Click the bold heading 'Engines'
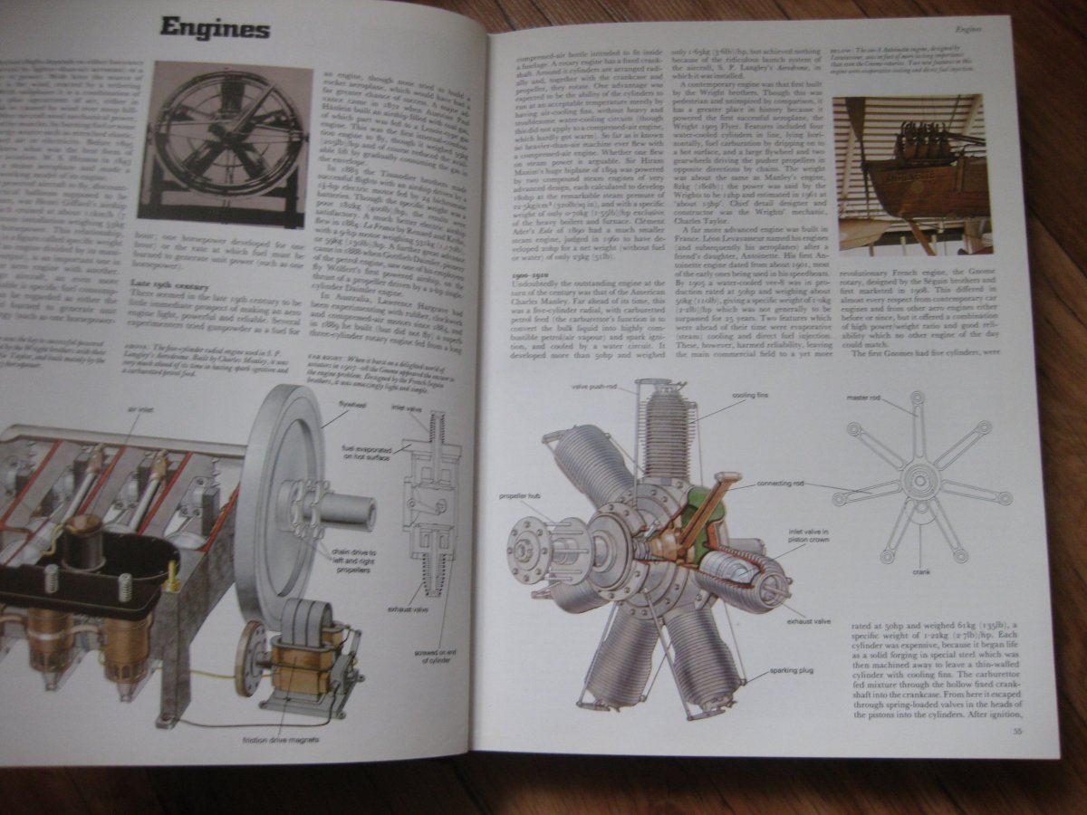215,28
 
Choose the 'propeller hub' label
516,497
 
